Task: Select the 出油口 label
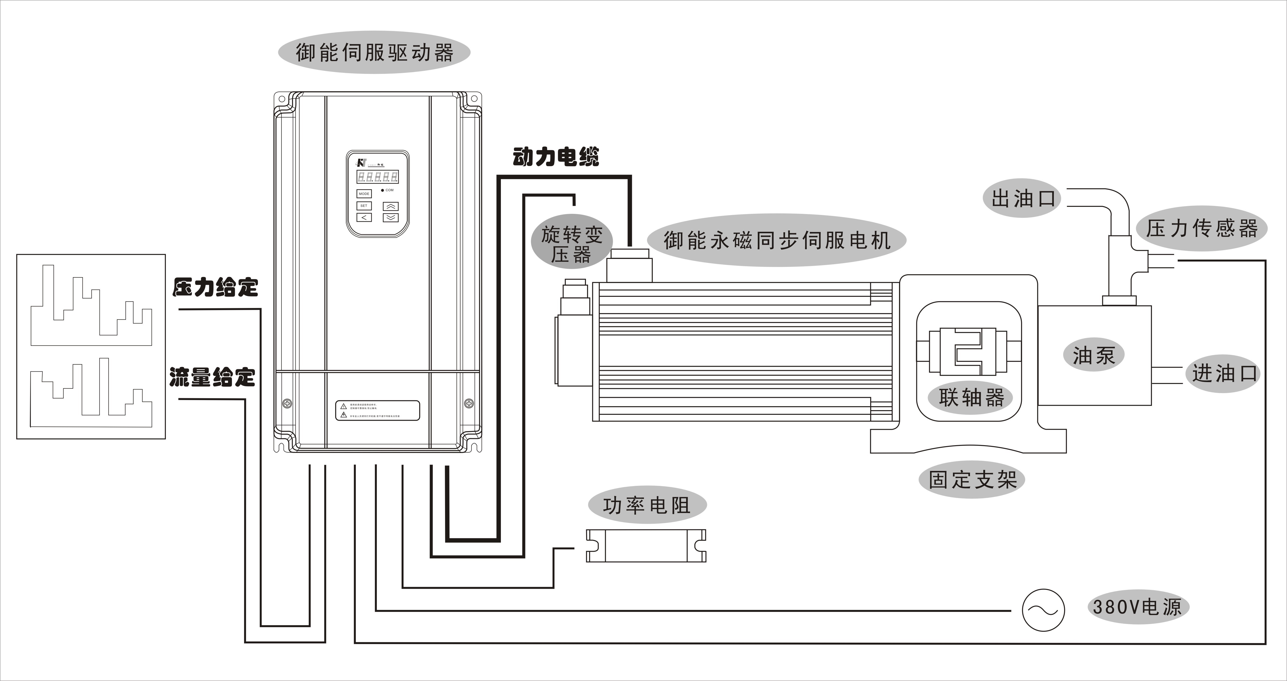(x=1023, y=198)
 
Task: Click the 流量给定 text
(x=212, y=377)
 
